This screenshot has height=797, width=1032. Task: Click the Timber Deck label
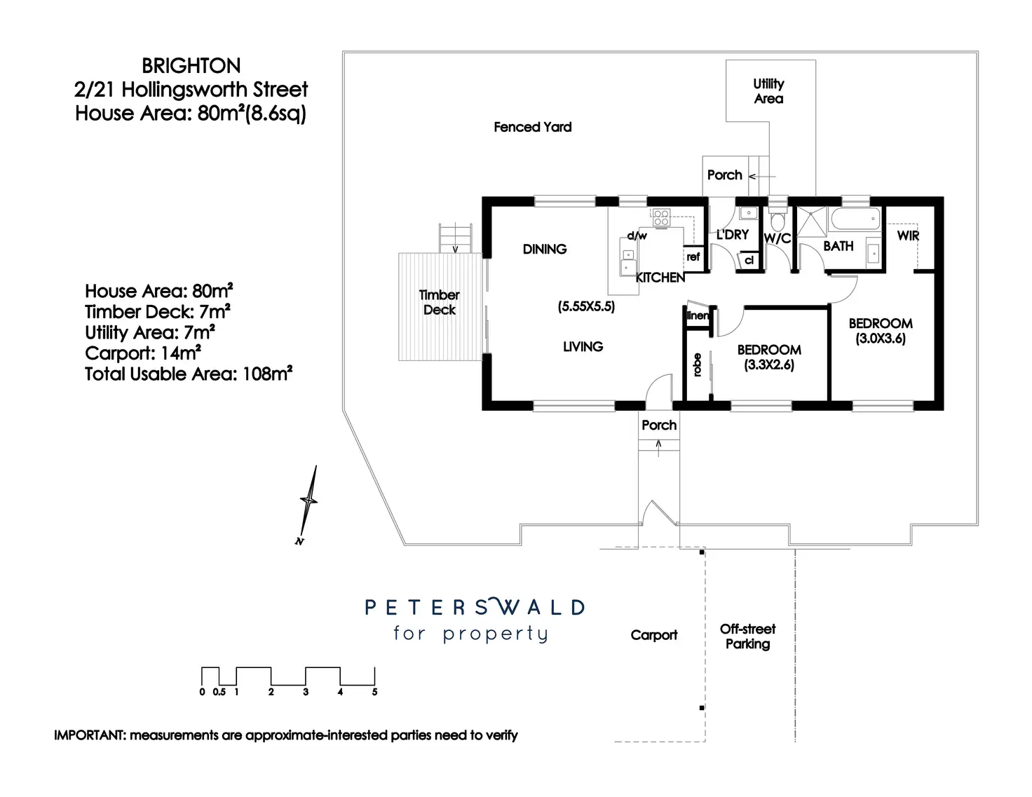click(x=440, y=302)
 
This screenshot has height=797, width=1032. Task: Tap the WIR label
click(x=908, y=236)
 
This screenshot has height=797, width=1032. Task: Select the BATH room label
click(x=838, y=246)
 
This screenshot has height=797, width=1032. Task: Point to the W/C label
click(x=777, y=238)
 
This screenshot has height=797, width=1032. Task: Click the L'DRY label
click(x=733, y=235)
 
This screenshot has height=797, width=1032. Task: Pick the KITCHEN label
click(x=660, y=278)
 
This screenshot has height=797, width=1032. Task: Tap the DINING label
click(x=545, y=249)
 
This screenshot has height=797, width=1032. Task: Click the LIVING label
click(x=583, y=346)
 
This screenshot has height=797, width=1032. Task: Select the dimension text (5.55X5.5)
click(x=586, y=306)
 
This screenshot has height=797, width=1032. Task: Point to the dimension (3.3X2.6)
click(x=769, y=365)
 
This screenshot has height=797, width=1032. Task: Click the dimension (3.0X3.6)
click(x=881, y=338)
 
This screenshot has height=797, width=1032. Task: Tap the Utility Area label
click(x=768, y=91)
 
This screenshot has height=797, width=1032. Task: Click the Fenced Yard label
click(x=532, y=127)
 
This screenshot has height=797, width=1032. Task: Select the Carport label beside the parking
click(x=653, y=635)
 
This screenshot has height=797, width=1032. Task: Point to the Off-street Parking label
click(x=747, y=636)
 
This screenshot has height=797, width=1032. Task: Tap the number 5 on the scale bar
click(x=374, y=692)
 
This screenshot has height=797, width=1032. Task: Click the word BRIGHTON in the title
click(x=191, y=66)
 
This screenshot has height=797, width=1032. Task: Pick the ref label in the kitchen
click(x=693, y=257)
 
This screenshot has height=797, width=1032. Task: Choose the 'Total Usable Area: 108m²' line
click(x=188, y=374)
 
